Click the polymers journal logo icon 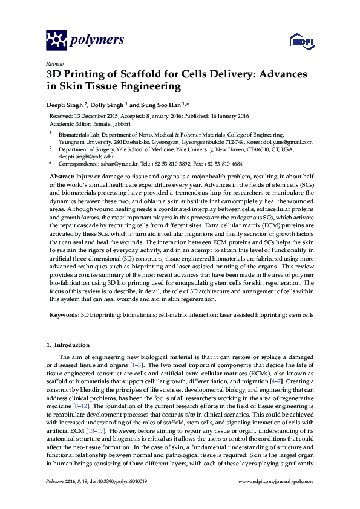pyautogui.click(x=57, y=41)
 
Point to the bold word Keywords pyautogui.click(x=64, y=315)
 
